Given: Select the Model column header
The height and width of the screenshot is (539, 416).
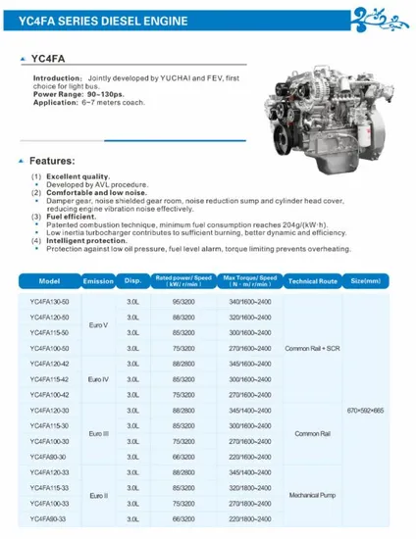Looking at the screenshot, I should pos(49,280).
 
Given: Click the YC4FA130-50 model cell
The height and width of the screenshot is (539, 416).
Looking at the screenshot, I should pos(49,302).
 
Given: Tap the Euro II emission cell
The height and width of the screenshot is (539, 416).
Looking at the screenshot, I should pos(97,495).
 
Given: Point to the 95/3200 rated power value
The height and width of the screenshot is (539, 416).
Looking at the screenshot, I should pos(182,302).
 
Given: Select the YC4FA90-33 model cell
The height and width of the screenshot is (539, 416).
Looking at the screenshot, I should pos(49,516).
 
